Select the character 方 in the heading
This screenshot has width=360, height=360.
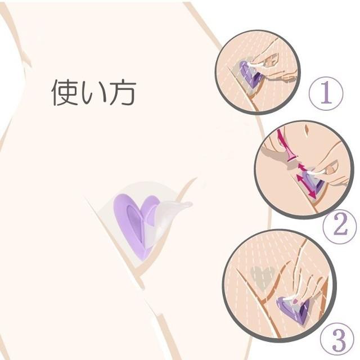click(x=123, y=92)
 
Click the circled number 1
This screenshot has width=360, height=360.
click(x=326, y=93)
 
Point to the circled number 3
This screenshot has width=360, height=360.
click(x=337, y=340)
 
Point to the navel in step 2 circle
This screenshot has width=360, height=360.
click(x=306, y=130)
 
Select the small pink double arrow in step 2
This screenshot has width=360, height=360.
click(x=302, y=167)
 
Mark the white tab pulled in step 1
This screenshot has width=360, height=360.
click(x=256, y=66)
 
